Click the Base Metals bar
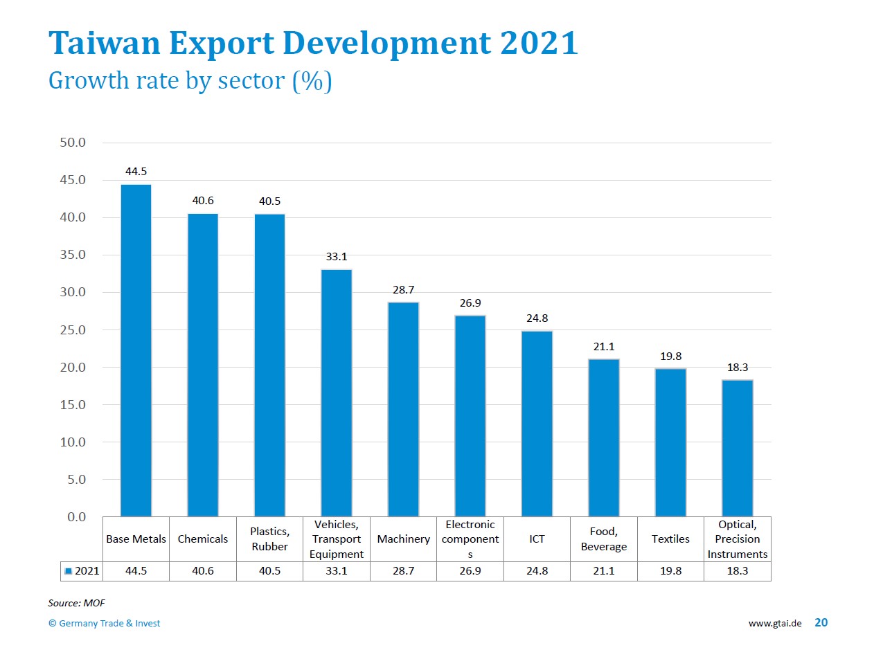point(136,350)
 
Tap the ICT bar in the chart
point(537,424)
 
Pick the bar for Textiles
point(670,442)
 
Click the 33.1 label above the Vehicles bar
point(337,257)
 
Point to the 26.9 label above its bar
point(470,303)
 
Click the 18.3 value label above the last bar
point(737,368)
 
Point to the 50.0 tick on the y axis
point(73,143)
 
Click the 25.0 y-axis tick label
point(73,330)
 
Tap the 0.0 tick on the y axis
point(76,516)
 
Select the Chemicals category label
point(203,539)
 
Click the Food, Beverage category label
point(604,539)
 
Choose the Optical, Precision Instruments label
point(737,539)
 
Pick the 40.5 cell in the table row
point(269,570)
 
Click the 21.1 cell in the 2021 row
point(604,570)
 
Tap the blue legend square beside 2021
point(68,571)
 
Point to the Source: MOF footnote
point(76,603)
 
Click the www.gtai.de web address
point(774,623)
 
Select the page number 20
point(821,622)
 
